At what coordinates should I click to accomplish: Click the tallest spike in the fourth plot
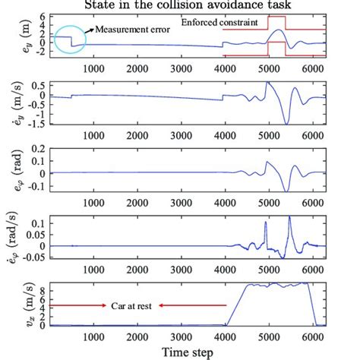click(x=289, y=219)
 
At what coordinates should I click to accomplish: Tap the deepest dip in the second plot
click(x=286, y=122)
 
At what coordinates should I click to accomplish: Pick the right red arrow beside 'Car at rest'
click(x=177, y=305)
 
